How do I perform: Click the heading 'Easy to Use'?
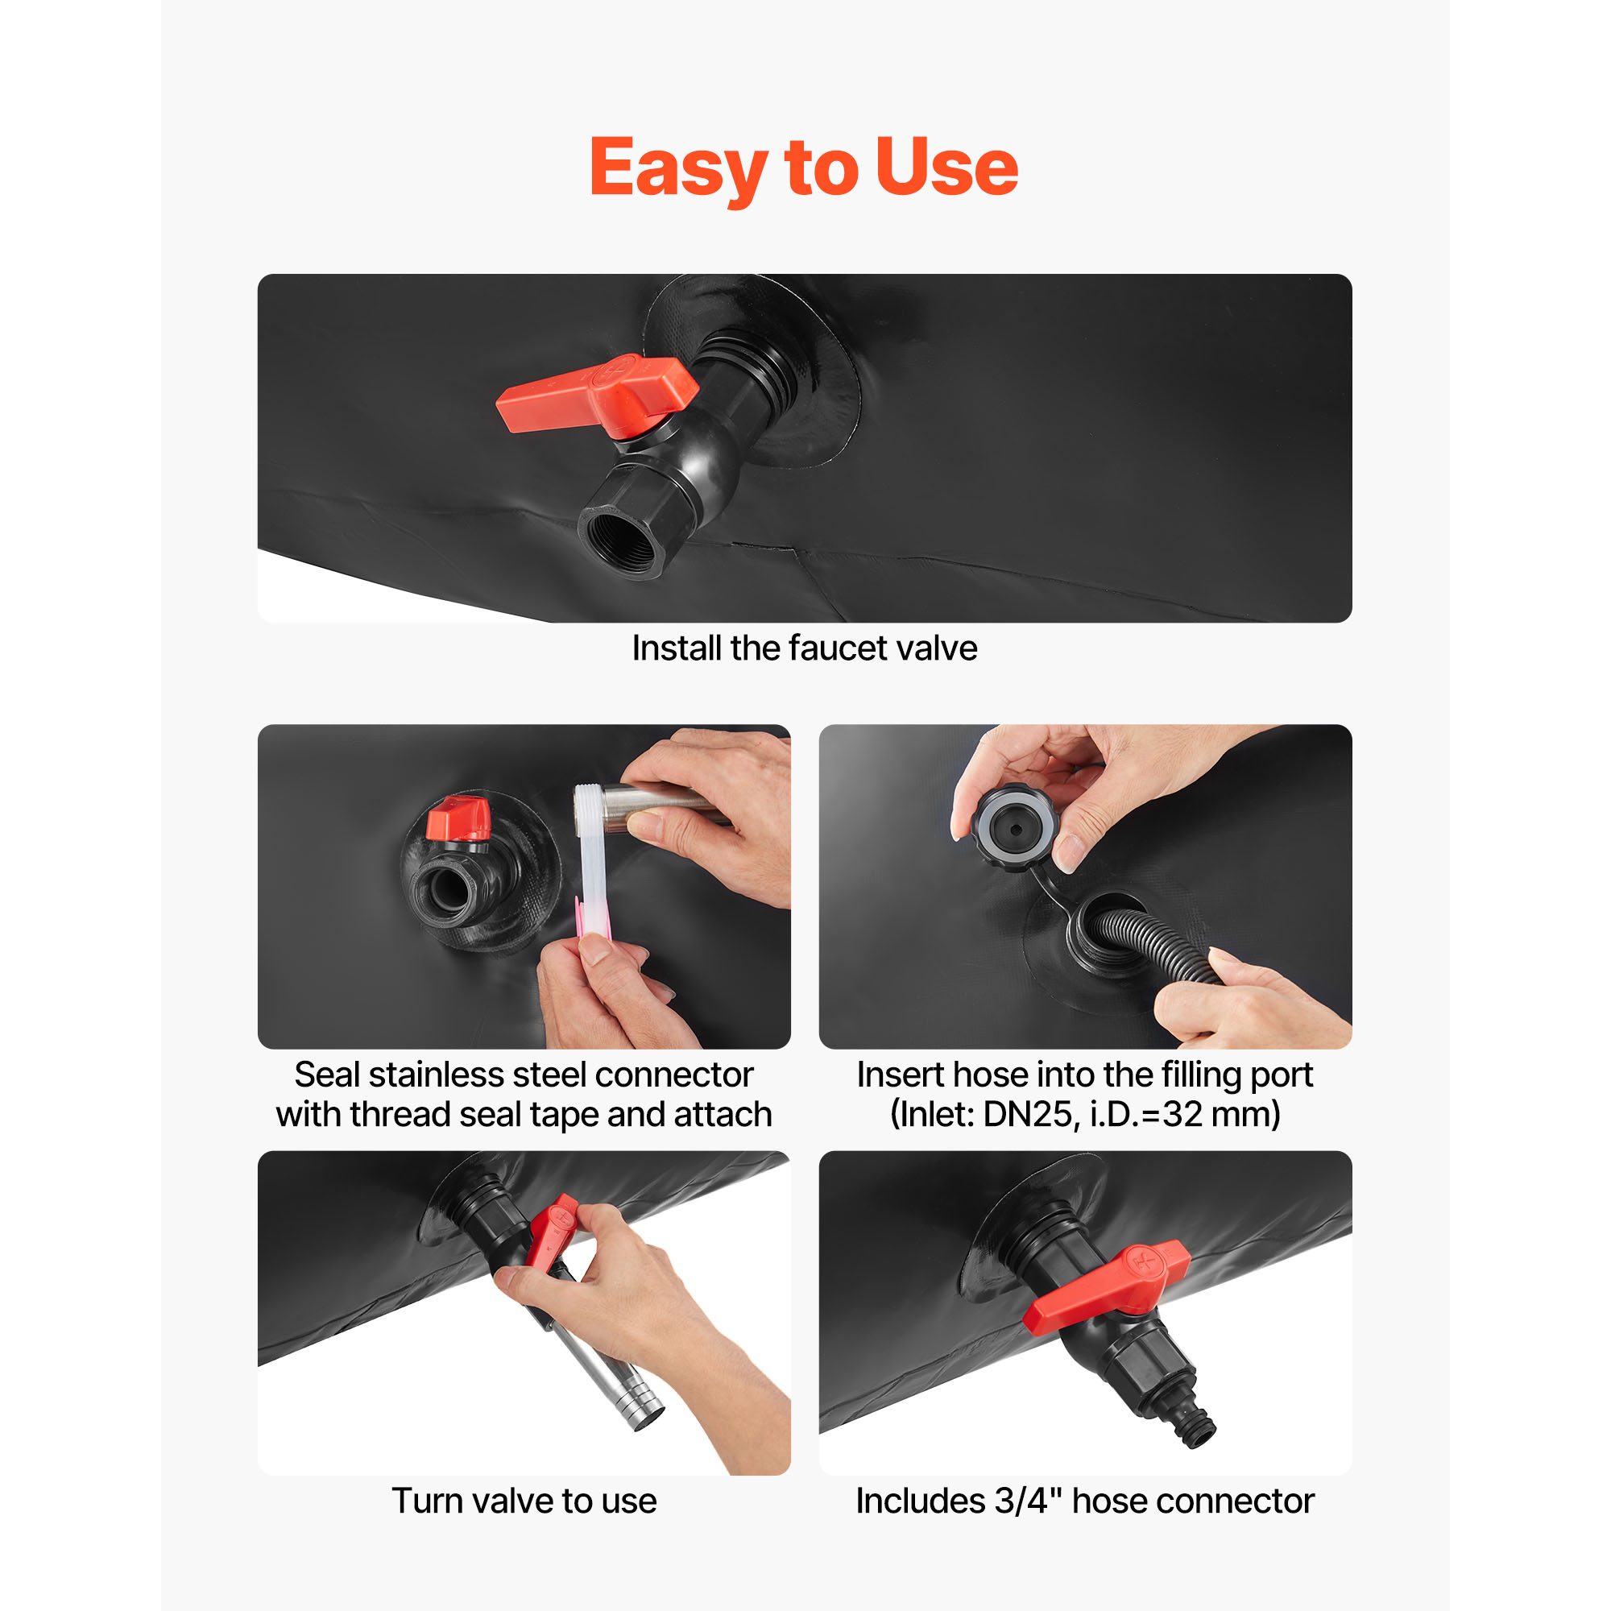pyautogui.click(x=804, y=168)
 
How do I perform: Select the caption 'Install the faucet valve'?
pyautogui.click(x=805, y=648)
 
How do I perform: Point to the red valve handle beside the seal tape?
pyautogui.click(x=457, y=819)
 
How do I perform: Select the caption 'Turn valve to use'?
pyautogui.click(x=524, y=1501)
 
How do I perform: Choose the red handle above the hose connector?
pyautogui.click(x=1107, y=1286)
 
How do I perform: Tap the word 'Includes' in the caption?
pyautogui.click(x=921, y=1501)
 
